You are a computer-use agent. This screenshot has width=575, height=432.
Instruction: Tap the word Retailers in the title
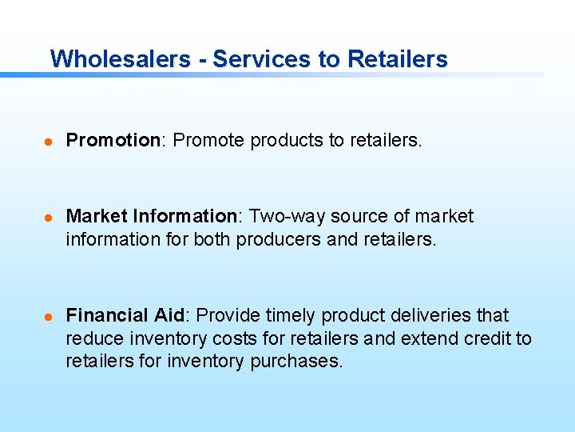point(398,59)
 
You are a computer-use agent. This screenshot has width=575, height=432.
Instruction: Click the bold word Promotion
point(113,141)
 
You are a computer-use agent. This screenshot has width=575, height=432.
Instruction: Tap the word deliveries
point(423,316)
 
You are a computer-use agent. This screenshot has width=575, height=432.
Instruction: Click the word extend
point(427,338)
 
